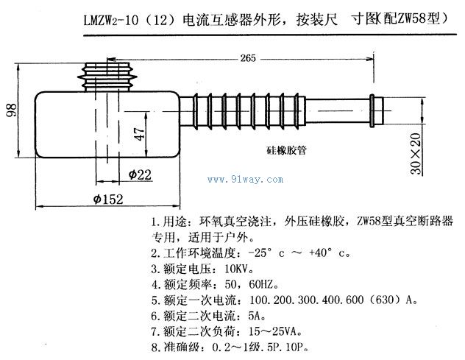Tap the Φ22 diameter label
(x=139, y=174)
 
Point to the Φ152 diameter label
(x=109, y=198)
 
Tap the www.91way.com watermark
(x=246, y=179)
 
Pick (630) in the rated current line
(x=383, y=300)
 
